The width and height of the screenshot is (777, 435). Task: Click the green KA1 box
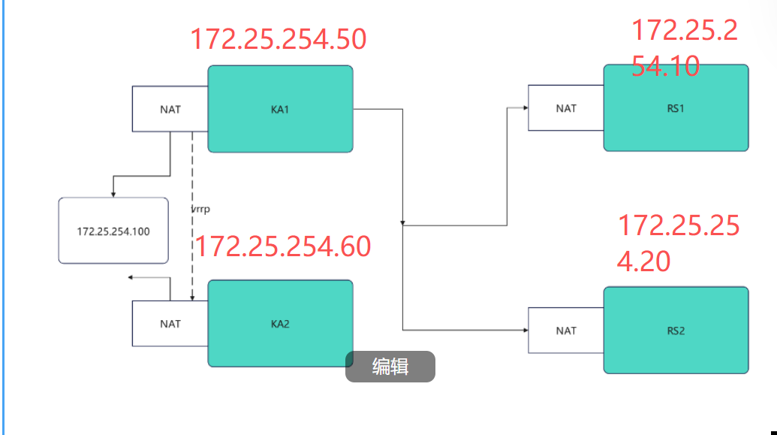[x=280, y=109]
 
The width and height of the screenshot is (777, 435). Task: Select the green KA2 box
[x=280, y=324]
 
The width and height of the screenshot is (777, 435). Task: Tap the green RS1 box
[x=676, y=107]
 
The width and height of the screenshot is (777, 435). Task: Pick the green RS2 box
[x=676, y=330]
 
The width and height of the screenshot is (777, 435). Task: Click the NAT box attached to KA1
[x=170, y=109]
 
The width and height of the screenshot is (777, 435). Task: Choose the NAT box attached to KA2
[x=170, y=324]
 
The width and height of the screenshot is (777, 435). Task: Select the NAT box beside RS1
[x=566, y=108]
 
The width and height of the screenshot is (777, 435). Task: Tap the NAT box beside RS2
[x=566, y=330]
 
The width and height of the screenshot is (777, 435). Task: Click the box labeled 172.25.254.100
[x=113, y=231]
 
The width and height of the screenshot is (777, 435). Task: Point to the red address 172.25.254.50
[x=278, y=39]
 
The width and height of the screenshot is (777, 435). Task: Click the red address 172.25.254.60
[x=283, y=246]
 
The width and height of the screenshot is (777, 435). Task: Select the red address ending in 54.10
[x=683, y=48]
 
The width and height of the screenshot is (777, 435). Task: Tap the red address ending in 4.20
[x=678, y=242]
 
